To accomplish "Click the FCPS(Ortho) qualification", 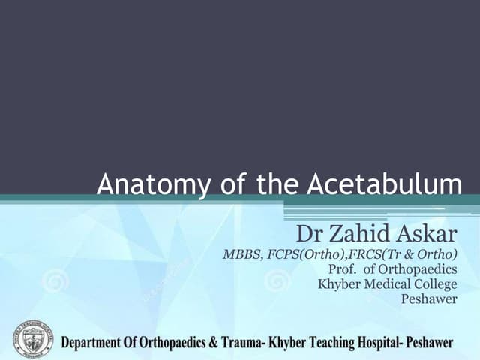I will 305,253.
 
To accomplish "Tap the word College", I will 434,284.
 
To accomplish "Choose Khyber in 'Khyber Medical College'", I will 337,283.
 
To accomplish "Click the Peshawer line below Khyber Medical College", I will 430,299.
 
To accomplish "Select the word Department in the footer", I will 96,343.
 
